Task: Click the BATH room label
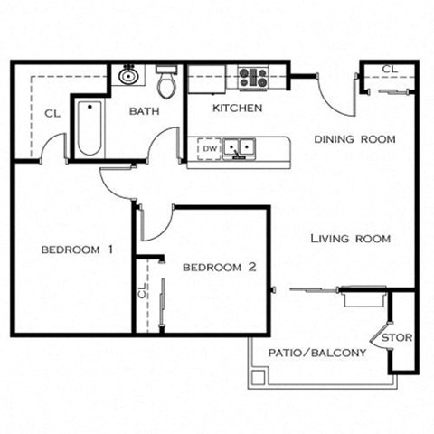click(x=145, y=111)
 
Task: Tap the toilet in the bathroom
click(x=165, y=83)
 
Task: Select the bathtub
click(x=88, y=129)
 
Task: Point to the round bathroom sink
click(x=128, y=76)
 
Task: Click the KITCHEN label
click(x=237, y=108)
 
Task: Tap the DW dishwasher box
click(x=210, y=148)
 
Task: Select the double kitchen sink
click(x=240, y=147)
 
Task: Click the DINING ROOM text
click(x=354, y=139)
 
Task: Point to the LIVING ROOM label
click(x=350, y=239)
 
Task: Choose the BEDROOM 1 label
click(x=77, y=250)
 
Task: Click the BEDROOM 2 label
click(x=220, y=268)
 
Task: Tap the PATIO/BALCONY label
click(x=317, y=353)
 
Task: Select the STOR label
click(x=396, y=338)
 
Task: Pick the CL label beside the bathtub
click(x=52, y=113)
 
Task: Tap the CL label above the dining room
click(x=388, y=69)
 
